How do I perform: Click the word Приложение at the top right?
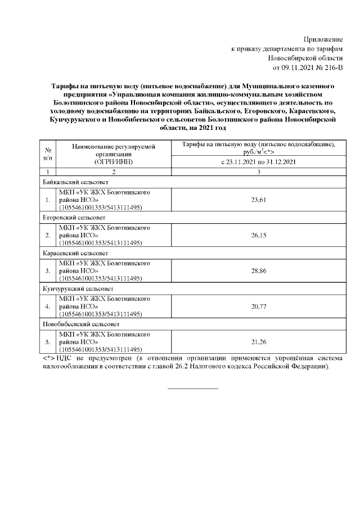pos(323,39)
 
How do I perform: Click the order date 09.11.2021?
pos(298,68)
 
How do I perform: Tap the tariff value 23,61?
pos(258,200)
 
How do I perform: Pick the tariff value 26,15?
pos(258,235)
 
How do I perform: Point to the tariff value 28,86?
pos(258,271)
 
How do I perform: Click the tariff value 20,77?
pos(258,306)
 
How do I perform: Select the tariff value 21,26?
pos(258,341)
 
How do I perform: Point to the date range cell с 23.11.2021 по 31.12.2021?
pos(258,162)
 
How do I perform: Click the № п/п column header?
pos(48,154)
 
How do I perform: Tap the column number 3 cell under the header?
pos(258,172)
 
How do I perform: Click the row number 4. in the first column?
pos(48,306)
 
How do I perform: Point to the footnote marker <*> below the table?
pos(48,358)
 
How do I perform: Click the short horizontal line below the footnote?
pos(192,388)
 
